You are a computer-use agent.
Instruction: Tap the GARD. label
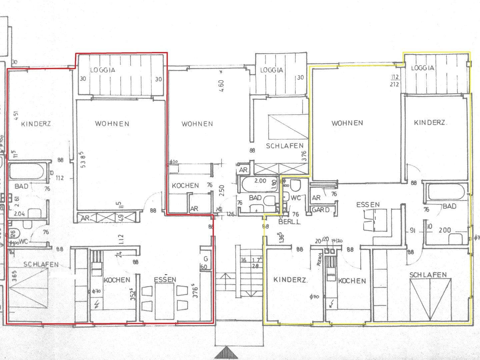(x=321, y=210)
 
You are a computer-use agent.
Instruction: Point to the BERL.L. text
(x=290, y=221)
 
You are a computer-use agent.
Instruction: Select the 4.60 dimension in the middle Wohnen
(x=222, y=86)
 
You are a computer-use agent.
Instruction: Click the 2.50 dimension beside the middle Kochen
(x=222, y=190)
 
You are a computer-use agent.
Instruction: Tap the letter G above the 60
(x=206, y=259)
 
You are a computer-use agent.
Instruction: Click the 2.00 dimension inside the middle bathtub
(x=260, y=181)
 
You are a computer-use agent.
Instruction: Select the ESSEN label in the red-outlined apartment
(x=165, y=280)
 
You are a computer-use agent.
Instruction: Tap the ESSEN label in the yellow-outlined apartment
(x=368, y=205)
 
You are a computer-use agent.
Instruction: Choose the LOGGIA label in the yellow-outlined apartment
(x=422, y=68)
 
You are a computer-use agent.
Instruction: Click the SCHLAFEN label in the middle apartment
(x=285, y=146)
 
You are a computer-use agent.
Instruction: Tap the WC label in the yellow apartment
(x=296, y=198)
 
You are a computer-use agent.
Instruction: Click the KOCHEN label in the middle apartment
(x=185, y=186)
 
